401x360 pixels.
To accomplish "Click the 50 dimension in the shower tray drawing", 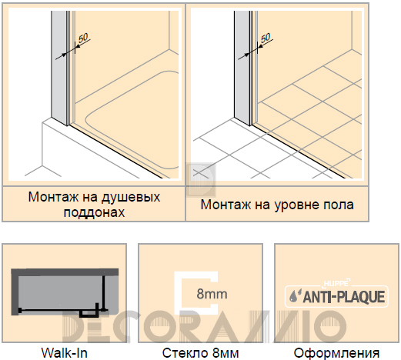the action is [x=83, y=38].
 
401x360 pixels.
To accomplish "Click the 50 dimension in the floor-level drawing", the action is [x=266, y=38].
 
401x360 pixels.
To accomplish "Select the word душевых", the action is [x=131, y=198].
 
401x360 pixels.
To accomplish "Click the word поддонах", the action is [x=94, y=212].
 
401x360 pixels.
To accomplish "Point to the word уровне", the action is [x=295, y=205].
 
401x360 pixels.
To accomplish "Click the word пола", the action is [x=339, y=205].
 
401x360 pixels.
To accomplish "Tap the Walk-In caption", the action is [x=65, y=353].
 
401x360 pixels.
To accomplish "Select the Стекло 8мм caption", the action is [x=200, y=353].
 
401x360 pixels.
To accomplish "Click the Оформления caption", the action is [x=336, y=353].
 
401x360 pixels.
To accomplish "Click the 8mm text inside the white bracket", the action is [x=212, y=294].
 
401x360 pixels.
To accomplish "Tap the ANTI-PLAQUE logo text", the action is [x=344, y=297].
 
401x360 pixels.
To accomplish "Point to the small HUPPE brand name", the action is [x=336, y=283].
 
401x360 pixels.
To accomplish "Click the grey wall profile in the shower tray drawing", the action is [x=59, y=67].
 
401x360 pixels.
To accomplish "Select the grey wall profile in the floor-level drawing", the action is [x=242, y=67].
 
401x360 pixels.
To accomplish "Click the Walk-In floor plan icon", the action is [x=65, y=292].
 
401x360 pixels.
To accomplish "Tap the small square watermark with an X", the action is [x=201, y=178].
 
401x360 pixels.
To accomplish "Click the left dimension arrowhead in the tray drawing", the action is [x=64, y=55].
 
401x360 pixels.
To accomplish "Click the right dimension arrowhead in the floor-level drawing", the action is [x=260, y=46].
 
